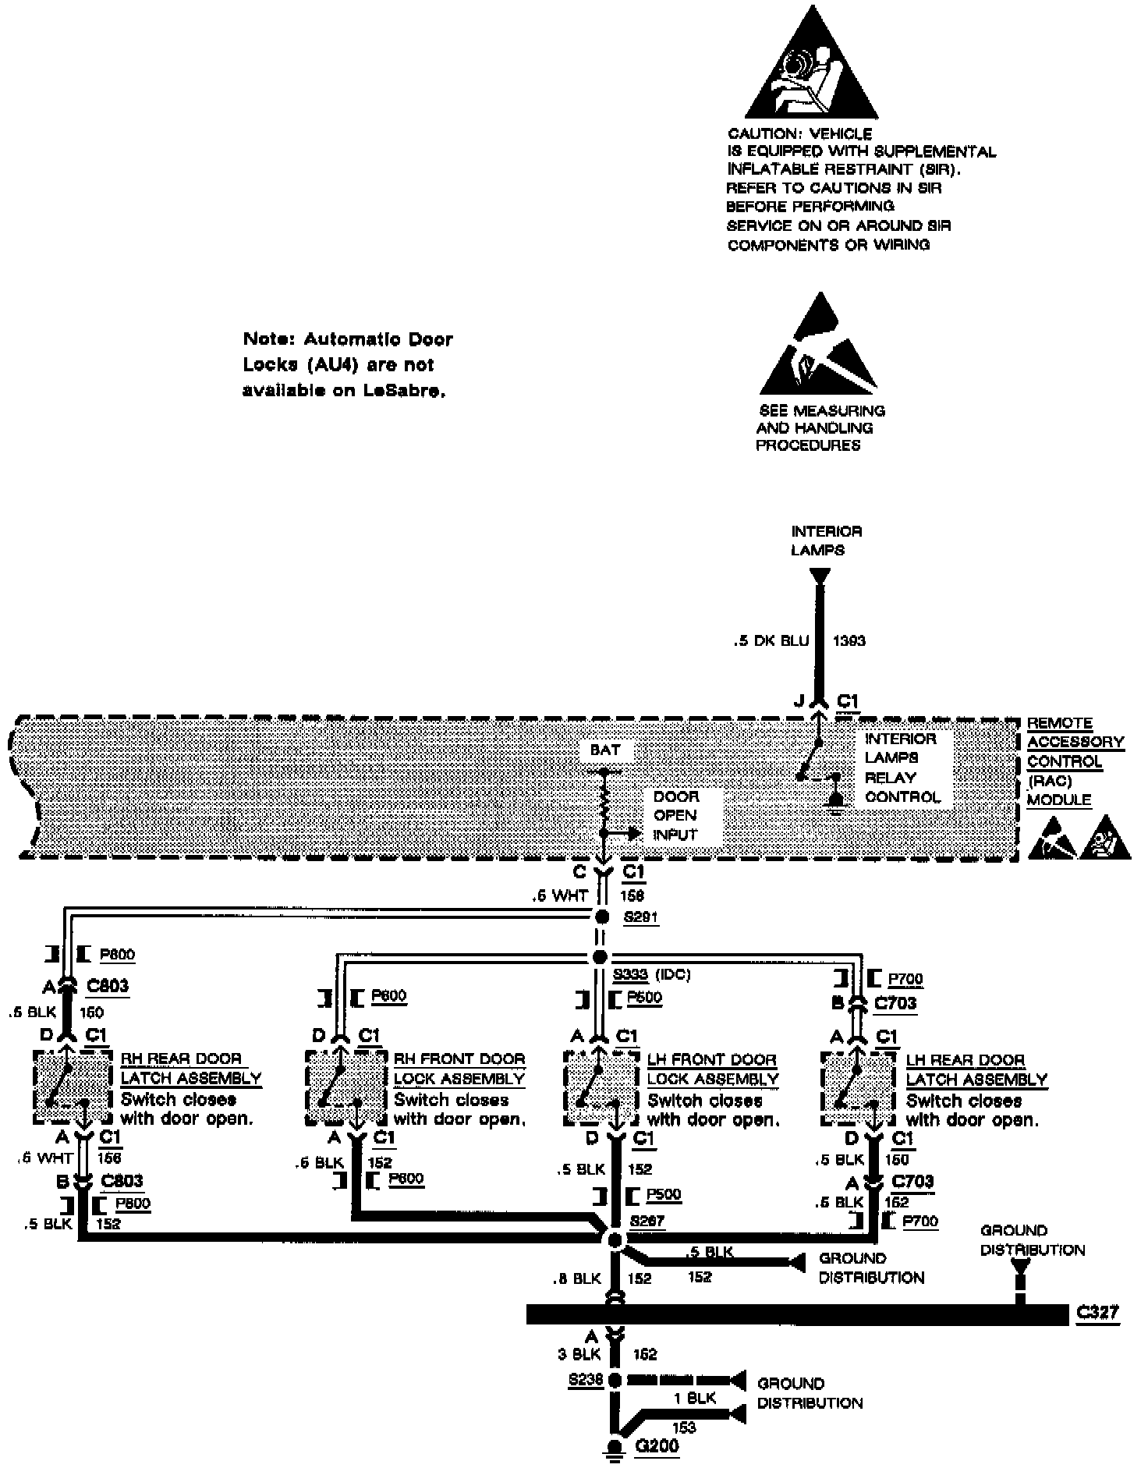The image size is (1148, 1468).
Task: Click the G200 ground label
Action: (657, 1445)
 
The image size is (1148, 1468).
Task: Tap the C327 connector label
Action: (1097, 1312)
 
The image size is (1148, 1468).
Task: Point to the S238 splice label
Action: (586, 1379)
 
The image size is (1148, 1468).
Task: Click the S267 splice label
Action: (647, 1220)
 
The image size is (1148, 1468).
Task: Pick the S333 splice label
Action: (629, 974)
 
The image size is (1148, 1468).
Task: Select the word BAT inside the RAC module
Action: (605, 750)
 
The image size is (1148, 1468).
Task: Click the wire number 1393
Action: (849, 640)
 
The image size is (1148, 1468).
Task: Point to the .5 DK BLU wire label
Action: (771, 640)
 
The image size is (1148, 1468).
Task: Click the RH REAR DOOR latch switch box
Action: (73, 1087)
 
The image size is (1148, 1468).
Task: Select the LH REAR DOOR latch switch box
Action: (858, 1088)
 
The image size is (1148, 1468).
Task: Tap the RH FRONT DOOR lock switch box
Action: (345, 1088)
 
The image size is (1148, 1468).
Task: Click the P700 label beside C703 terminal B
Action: (905, 978)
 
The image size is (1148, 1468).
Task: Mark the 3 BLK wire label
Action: (578, 1355)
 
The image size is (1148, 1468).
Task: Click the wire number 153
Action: (683, 1427)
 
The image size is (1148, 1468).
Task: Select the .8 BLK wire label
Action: (577, 1278)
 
